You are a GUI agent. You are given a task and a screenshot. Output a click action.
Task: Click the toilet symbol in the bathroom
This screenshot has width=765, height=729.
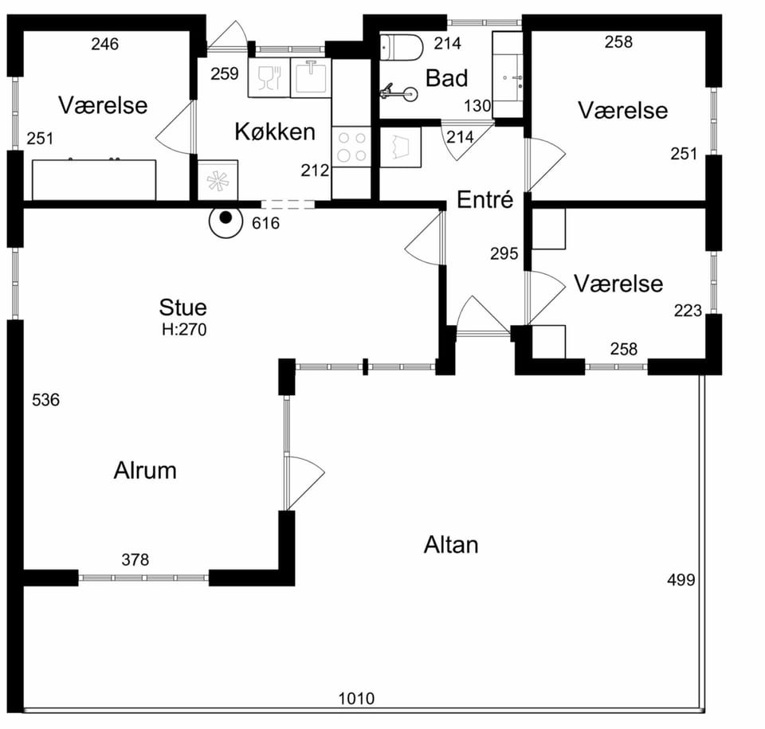[x=401, y=47]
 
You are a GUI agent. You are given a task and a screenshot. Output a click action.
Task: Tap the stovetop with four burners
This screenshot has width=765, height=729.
[x=351, y=147]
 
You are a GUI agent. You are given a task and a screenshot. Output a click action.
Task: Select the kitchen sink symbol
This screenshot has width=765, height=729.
[x=311, y=77]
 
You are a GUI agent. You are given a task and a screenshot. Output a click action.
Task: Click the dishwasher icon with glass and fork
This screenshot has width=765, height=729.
[x=269, y=77]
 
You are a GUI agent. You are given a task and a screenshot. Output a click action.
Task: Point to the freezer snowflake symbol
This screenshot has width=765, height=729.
[x=218, y=180]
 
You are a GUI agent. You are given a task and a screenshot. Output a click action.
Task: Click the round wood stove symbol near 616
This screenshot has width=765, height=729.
[x=226, y=221]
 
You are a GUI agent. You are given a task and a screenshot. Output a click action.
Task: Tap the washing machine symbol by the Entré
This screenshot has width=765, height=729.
[x=400, y=147]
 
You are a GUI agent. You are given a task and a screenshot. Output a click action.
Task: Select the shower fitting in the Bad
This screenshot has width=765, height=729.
[x=399, y=92]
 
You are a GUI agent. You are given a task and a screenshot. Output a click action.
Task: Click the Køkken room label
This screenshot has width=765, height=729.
[x=275, y=131]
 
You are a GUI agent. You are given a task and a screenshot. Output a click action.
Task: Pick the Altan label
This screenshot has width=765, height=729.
[x=451, y=544]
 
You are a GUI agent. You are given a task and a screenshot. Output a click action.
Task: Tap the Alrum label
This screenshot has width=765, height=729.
[x=145, y=470]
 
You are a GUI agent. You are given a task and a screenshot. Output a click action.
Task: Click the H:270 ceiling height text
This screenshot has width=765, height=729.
[x=184, y=330]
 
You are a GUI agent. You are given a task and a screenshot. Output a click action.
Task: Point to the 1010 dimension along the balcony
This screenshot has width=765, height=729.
[x=357, y=699]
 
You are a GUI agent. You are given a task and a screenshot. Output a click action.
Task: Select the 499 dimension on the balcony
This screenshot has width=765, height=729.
[x=681, y=580]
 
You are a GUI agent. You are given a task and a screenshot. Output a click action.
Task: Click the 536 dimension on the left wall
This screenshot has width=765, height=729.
[x=45, y=400]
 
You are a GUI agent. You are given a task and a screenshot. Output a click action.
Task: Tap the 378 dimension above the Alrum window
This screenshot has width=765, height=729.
[x=135, y=559]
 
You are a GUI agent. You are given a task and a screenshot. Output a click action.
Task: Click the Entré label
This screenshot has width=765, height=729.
[x=485, y=199]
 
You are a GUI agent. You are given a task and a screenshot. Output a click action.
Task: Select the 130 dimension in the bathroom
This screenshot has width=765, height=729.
[x=477, y=106]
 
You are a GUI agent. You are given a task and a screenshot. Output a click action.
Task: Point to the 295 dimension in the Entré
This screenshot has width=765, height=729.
[x=504, y=253]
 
